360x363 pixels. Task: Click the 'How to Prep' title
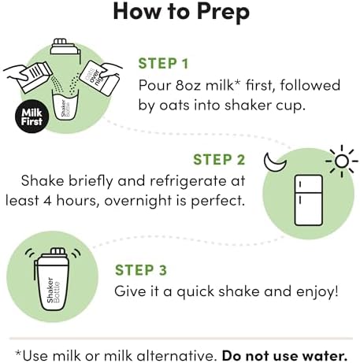coord(181,12)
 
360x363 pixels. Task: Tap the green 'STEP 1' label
coord(163,64)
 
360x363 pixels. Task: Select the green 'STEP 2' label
coord(219,160)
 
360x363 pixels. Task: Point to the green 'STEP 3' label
coord(141,270)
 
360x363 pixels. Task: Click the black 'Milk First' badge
coord(32,117)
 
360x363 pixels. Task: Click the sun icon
coord(342,161)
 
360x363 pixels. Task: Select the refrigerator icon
coord(308,200)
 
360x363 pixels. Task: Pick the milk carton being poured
coord(35,76)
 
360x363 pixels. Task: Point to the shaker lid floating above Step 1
coord(65,50)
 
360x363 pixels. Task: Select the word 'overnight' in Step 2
coord(138,201)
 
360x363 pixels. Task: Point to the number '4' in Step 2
coord(47,201)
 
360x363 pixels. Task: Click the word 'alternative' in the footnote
coord(176,356)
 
